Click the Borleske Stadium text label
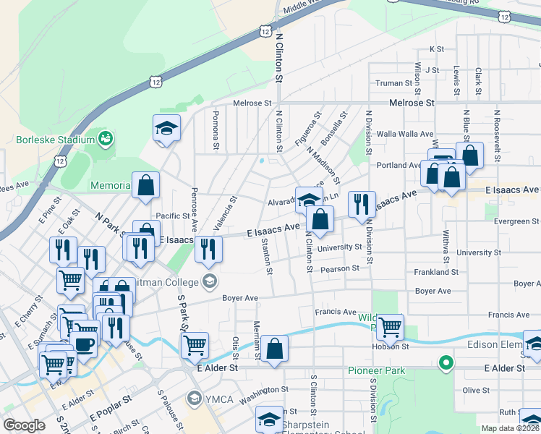point(55,139)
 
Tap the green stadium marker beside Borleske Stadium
point(106,137)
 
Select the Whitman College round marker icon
point(210,281)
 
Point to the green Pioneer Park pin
point(447,362)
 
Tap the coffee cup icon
point(84,343)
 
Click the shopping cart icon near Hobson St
point(390,327)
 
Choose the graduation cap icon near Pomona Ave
point(166,128)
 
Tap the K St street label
point(436,49)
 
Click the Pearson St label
point(341,268)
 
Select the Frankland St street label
point(437,273)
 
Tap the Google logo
point(24,425)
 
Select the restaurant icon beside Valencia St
point(208,250)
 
